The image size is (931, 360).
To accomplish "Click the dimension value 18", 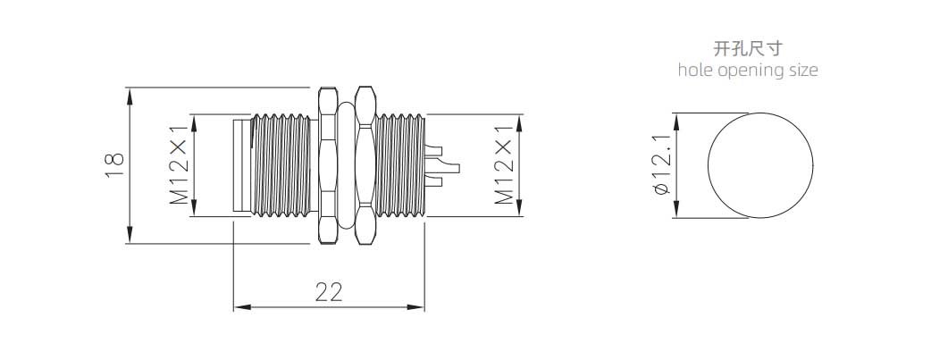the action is tap(114, 165).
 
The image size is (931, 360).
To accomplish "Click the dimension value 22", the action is tap(329, 292).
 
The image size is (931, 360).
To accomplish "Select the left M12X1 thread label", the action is tap(179, 164).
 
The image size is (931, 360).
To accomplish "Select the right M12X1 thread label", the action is tap(504, 164).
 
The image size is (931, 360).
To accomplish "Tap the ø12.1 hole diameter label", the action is tap(661, 165).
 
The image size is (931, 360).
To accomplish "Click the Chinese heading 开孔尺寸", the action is tap(748, 48).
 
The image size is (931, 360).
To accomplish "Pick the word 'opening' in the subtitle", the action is tap(751, 71).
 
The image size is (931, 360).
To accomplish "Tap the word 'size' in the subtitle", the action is tap(803, 70).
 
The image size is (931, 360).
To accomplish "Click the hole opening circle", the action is tap(760, 165).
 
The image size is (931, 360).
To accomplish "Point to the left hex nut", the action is tap(328, 165).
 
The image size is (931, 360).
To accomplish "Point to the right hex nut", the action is tap(365, 165).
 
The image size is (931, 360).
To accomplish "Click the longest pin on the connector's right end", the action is tap(444, 169).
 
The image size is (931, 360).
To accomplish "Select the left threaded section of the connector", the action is tap(281, 165).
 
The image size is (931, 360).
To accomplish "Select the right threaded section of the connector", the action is tap(401, 165).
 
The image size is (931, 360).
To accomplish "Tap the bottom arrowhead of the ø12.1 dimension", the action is tap(675, 210).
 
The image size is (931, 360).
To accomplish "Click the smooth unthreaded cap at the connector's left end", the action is tap(241, 165).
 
